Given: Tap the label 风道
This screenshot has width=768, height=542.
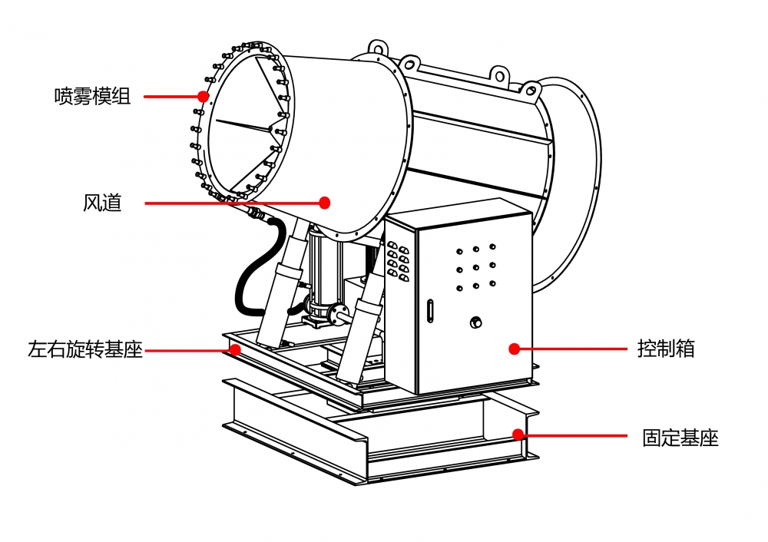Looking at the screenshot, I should coord(102,203).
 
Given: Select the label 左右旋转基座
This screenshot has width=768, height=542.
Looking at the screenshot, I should coord(85,351).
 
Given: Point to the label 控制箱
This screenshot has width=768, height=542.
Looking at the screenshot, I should coord(666,348).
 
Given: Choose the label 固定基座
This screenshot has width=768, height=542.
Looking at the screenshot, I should coord(680,438).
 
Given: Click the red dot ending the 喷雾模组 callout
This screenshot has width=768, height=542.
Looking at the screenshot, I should coord(204,97).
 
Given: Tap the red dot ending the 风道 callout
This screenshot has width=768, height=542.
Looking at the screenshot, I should coord(325,203).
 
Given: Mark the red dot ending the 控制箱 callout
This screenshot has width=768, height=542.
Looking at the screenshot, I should coord(514,349).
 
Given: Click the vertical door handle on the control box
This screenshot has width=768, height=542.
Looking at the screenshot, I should coord(430,310).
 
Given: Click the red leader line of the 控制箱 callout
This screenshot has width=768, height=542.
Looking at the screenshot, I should coord(572,349).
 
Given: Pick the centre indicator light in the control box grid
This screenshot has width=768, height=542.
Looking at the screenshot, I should coord(476,267).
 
